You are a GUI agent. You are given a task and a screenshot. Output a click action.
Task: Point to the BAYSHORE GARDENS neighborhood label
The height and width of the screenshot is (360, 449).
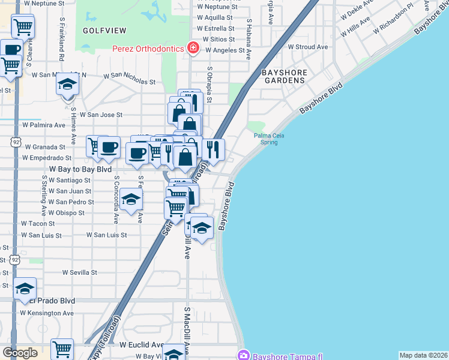pos(285,76)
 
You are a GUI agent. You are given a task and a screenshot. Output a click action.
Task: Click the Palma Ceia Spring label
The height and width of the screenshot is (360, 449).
pos(269,139)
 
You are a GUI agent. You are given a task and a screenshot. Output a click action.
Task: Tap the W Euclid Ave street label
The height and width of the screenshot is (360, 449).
pos(142,345)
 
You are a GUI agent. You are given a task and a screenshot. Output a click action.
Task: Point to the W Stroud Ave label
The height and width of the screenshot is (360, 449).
pos(308,47)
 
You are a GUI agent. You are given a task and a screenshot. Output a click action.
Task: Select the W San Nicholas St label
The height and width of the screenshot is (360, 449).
pos(129,77)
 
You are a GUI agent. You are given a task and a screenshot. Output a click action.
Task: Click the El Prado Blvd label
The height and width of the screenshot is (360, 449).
pos(54,301)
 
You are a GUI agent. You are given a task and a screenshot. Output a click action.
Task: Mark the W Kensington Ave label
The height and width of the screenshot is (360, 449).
pos(47,313)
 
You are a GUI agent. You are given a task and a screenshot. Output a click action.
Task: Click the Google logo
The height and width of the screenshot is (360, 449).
pos(20,352)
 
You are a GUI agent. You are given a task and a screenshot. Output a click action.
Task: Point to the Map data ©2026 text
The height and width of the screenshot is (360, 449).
pos(423,355)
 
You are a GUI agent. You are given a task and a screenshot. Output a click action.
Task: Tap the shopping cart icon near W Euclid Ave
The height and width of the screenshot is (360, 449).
pos(62,349)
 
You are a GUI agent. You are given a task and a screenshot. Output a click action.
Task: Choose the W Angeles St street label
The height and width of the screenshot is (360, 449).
pos(225,50)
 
